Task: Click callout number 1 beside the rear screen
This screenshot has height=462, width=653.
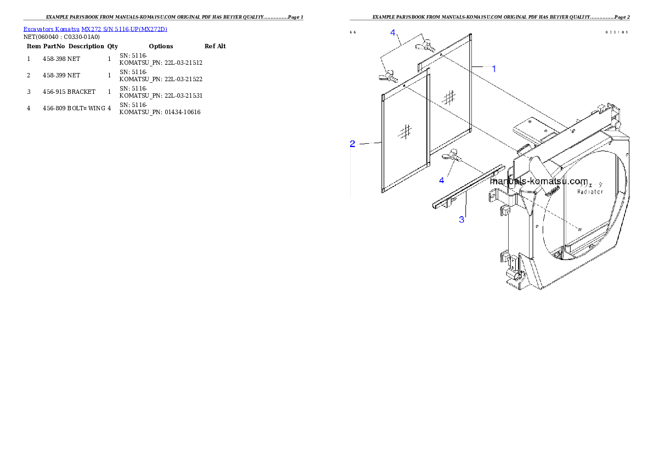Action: point(494,69)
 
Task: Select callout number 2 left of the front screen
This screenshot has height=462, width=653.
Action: point(353,144)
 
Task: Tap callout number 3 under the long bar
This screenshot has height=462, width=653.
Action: point(462,219)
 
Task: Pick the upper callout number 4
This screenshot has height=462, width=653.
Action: point(393,33)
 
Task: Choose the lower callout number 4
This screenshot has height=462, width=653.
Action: point(442,179)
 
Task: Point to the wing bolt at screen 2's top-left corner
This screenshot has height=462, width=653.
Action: point(388,76)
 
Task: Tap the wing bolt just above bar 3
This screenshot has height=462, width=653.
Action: point(454,157)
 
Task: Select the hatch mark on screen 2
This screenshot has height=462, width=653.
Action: point(406,131)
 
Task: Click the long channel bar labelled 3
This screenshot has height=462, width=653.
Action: point(466,187)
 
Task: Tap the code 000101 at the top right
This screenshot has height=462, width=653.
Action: point(617,32)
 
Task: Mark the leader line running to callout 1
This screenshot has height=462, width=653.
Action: point(481,67)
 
